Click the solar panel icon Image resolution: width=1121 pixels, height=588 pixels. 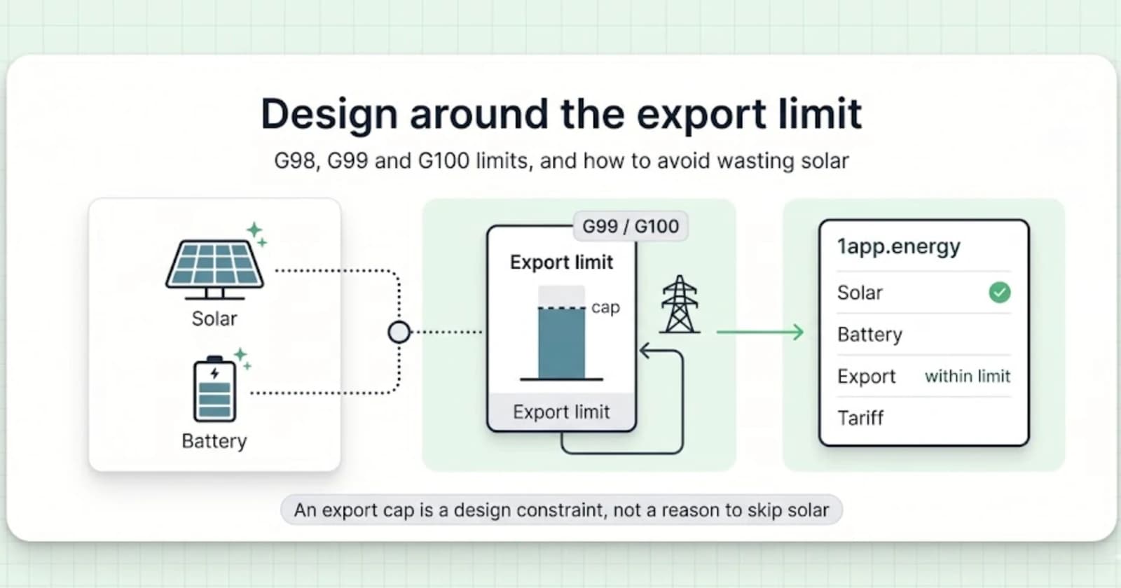click(214, 269)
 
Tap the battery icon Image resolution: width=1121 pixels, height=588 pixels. click(214, 389)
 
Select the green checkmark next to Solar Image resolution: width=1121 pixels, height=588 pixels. click(999, 293)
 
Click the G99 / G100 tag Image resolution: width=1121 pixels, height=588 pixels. click(631, 227)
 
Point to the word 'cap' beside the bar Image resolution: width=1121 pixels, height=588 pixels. click(605, 307)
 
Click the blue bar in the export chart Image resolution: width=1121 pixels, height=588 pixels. click(561, 344)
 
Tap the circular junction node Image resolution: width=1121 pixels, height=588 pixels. click(399, 332)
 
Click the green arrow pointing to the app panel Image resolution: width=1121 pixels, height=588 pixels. click(760, 332)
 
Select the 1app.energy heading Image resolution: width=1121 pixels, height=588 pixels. click(899, 246)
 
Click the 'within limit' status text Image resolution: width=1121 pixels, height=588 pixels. click(968, 376)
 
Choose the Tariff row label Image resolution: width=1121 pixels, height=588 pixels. click(860, 418)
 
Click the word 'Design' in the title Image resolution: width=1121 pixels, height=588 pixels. click(329, 115)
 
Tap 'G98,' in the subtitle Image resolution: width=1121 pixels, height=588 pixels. click(297, 161)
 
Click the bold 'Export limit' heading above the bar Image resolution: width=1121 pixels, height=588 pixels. click(561, 262)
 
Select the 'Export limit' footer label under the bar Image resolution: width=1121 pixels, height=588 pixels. click(561, 412)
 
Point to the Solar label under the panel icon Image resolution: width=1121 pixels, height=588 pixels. click(214, 318)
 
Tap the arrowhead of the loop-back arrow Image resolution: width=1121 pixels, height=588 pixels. click(645, 351)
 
